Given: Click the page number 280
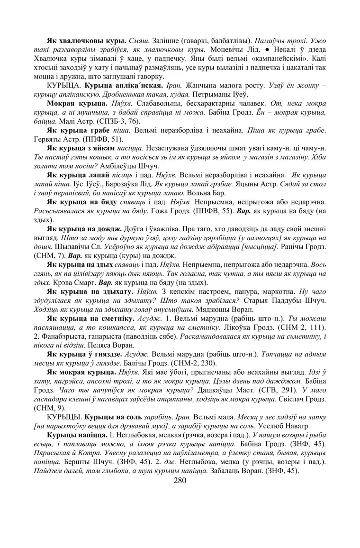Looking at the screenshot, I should coord(180,480).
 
